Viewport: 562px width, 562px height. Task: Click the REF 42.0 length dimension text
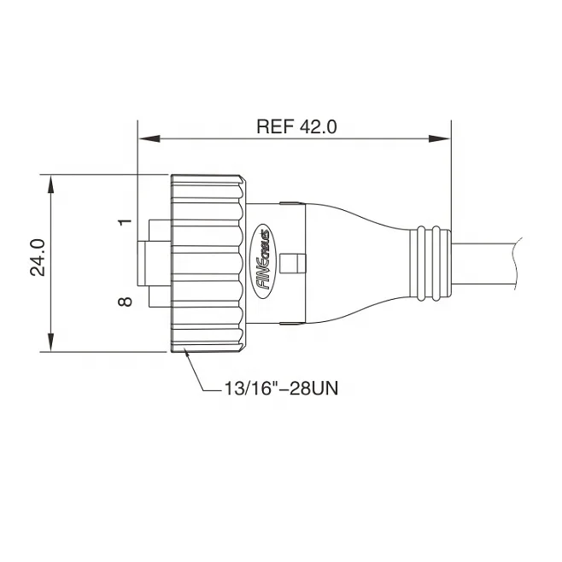click(296, 126)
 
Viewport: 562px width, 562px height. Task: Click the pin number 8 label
click(126, 301)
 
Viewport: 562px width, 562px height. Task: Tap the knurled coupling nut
click(209, 263)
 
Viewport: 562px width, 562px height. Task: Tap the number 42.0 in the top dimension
click(319, 126)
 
